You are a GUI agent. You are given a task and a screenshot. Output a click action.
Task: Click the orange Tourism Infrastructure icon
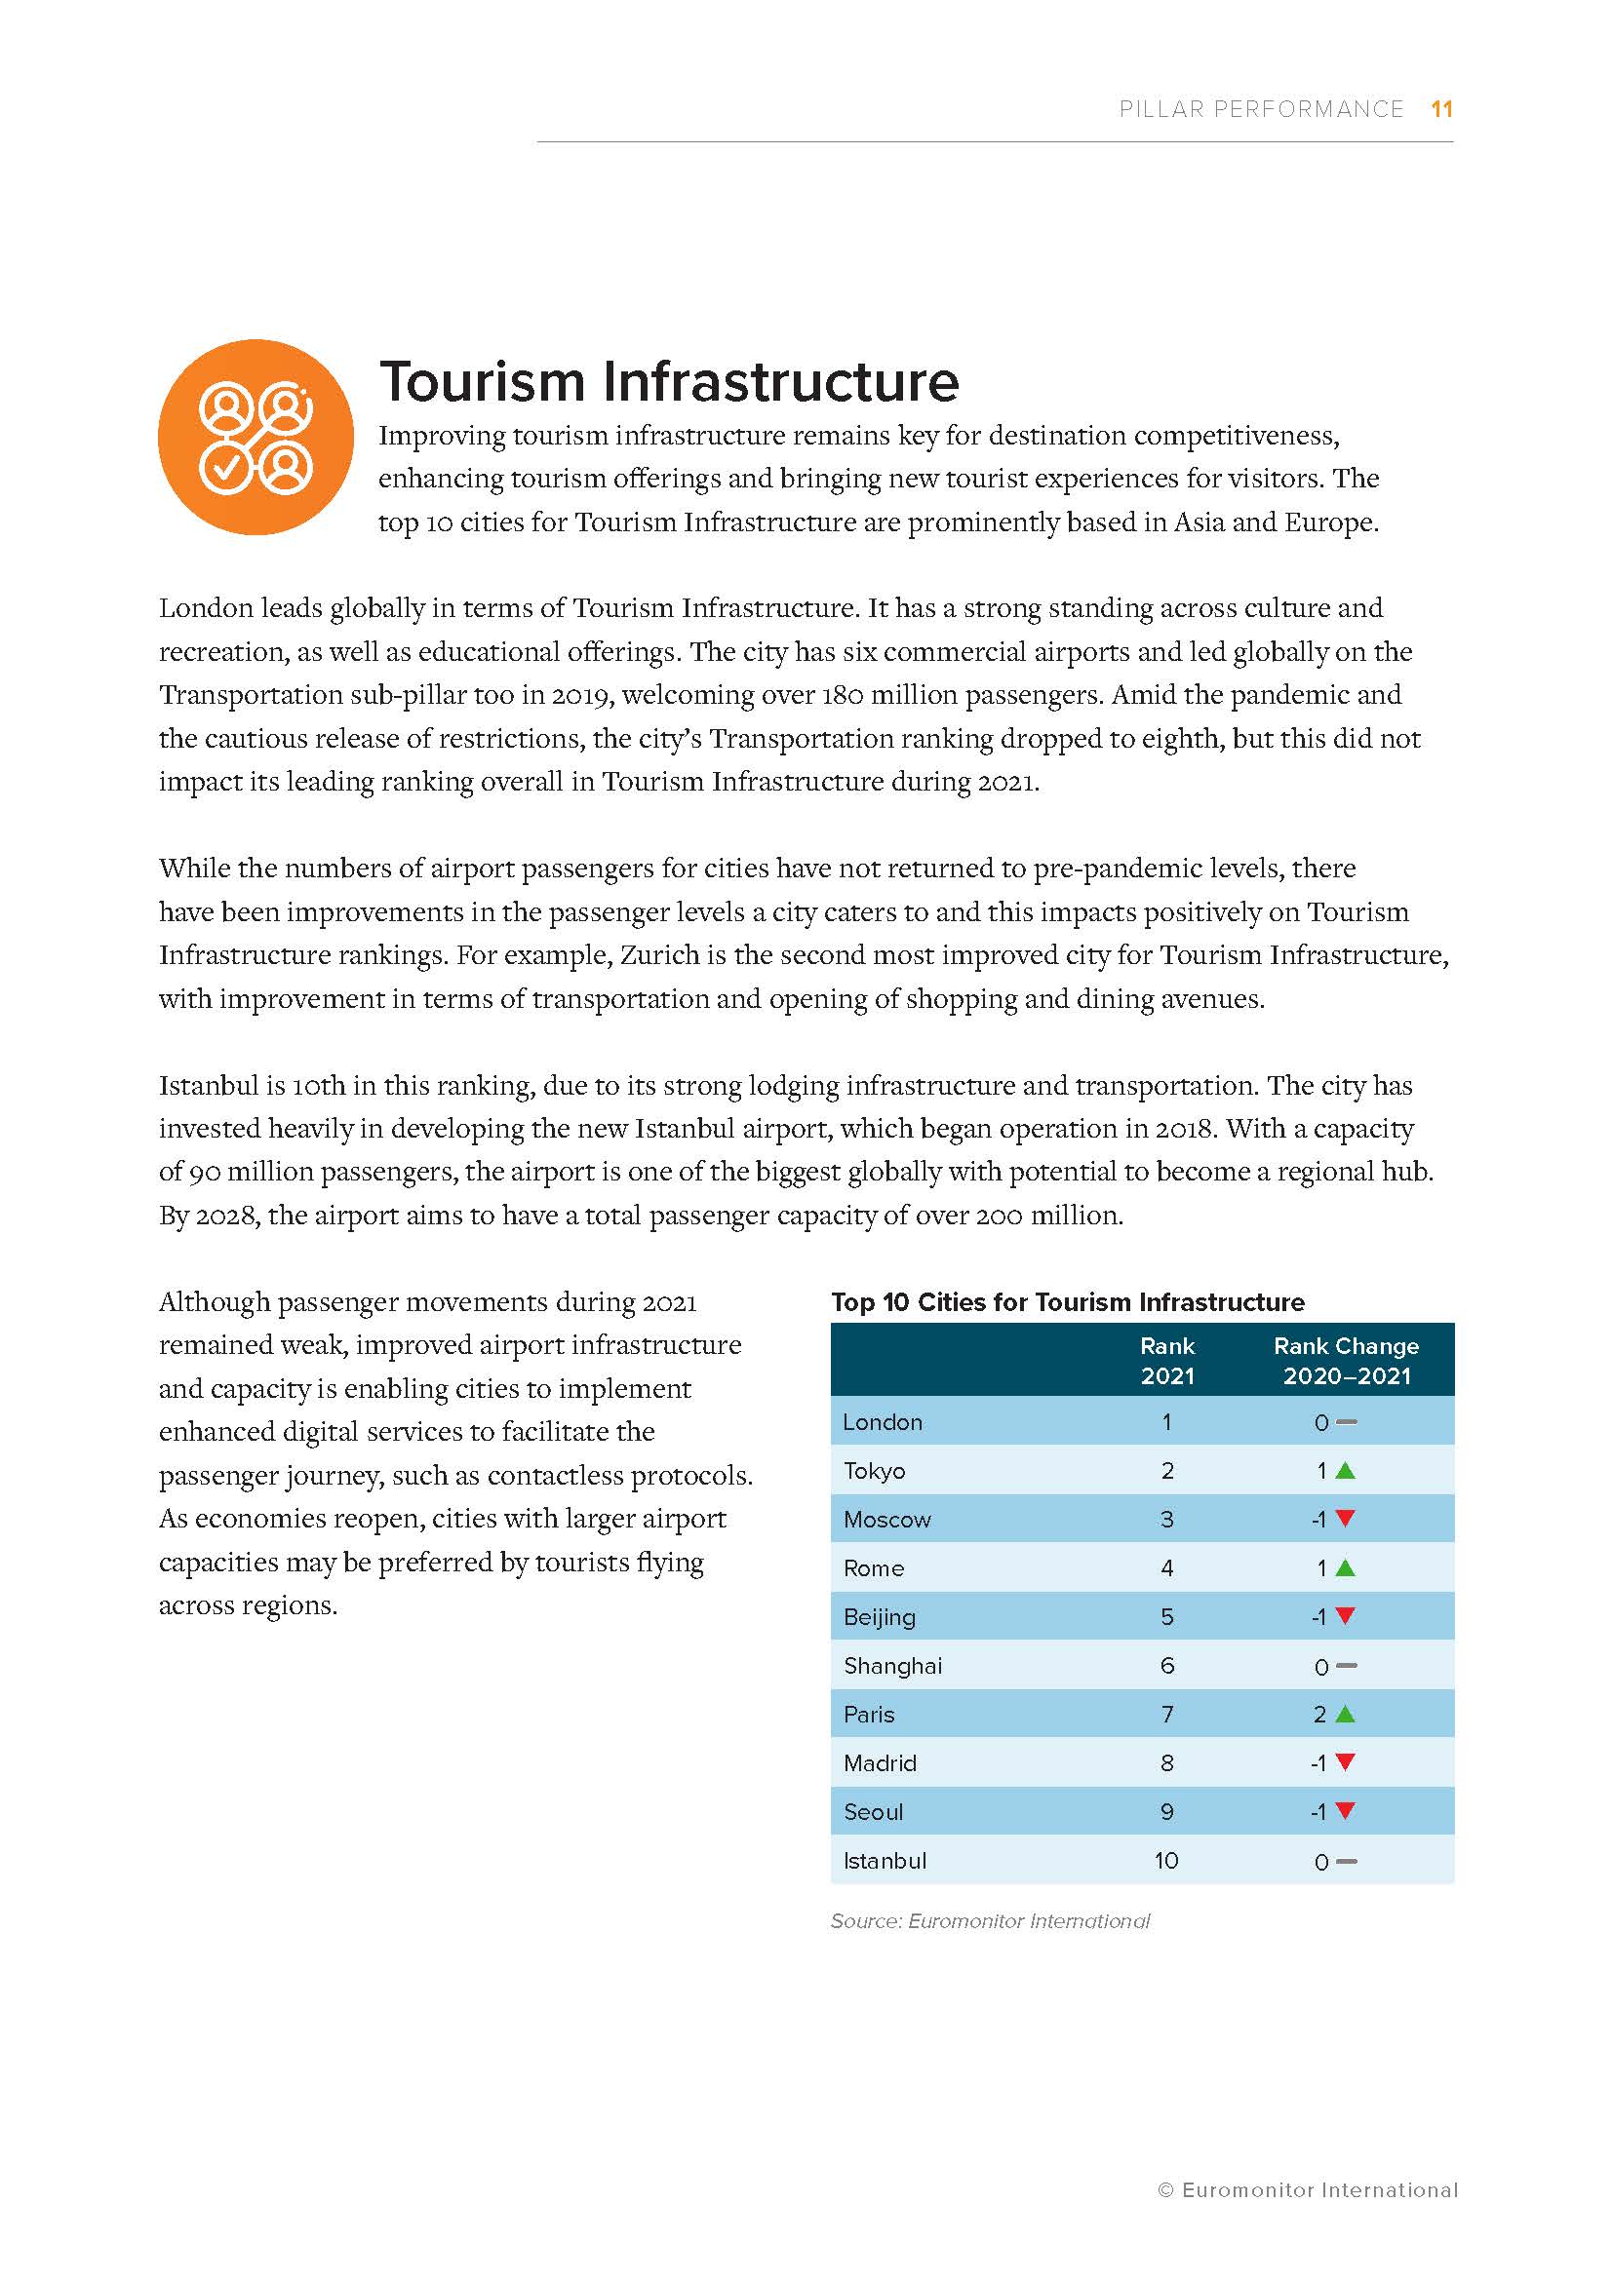coord(256,437)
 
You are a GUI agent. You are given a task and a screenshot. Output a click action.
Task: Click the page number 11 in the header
coord(1441,109)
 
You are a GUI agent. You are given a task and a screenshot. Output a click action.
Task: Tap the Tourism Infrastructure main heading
coord(668,381)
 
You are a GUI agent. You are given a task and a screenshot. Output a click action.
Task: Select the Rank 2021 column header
coord(1167,1361)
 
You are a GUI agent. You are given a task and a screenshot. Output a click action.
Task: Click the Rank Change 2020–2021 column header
coord(1346,1361)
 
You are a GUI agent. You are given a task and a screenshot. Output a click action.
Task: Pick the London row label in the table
coord(882,1422)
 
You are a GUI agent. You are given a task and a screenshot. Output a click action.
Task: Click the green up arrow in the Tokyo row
coord(1345,1471)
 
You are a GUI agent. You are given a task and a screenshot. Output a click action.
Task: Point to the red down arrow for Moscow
coord(1345,1519)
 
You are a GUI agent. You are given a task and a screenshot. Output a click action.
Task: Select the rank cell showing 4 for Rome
coord(1167,1568)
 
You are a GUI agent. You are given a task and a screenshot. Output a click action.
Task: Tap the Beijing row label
coord(879,1616)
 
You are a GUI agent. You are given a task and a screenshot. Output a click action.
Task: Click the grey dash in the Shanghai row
coord(1346,1665)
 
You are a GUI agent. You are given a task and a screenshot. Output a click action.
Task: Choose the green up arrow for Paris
coord(1345,1714)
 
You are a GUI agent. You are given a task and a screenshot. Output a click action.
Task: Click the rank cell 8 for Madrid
coord(1167,1762)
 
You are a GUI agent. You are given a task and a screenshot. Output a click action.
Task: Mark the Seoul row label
coord(873,1811)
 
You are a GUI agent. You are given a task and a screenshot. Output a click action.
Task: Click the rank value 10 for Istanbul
coord(1166,1860)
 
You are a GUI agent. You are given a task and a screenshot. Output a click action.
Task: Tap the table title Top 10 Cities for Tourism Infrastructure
coord(1068,1302)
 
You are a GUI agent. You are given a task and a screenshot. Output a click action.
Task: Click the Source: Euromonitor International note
coord(989,1920)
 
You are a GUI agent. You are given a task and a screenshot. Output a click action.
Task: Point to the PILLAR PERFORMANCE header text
coord(1261,109)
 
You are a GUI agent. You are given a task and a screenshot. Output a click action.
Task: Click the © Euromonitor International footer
coord(1307,2189)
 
